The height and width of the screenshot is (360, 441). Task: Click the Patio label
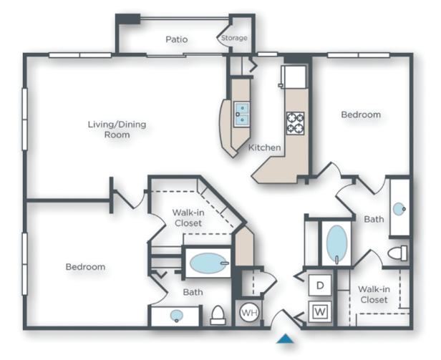click(176, 39)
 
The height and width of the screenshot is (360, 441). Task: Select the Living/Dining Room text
click(117, 130)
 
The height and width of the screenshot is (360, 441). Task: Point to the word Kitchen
click(264, 148)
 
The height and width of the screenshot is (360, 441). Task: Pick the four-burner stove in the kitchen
click(295, 122)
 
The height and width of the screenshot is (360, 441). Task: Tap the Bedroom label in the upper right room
click(360, 115)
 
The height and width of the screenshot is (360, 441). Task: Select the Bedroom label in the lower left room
click(85, 267)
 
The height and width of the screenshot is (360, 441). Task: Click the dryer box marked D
click(319, 286)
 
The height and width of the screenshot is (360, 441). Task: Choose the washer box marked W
click(319, 311)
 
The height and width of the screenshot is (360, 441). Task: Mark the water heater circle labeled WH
click(248, 312)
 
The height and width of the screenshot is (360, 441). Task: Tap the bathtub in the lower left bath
click(208, 263)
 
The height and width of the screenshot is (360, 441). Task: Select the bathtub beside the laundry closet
click(336, 245)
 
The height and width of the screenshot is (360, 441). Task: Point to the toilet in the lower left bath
click(218, 315)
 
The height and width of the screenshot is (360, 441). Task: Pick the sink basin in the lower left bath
click(176, 315)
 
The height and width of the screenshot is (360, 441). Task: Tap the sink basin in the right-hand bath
click(399, 210)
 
